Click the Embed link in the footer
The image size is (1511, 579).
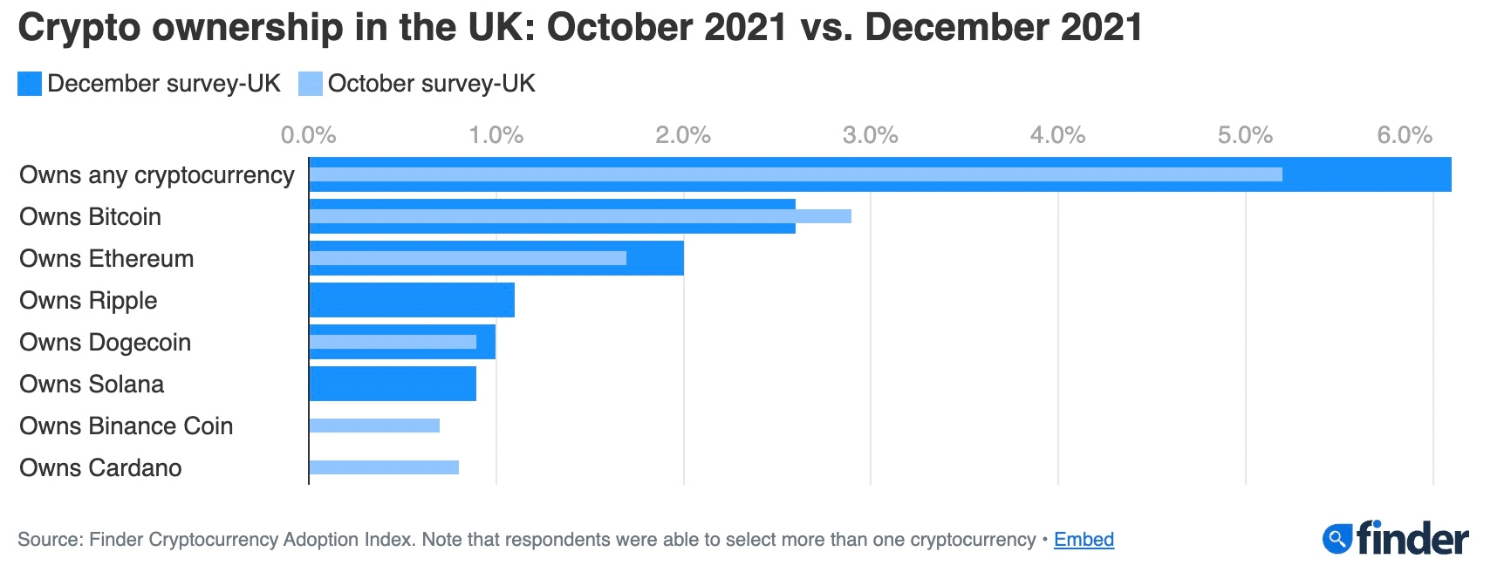click(x=1084, y=540)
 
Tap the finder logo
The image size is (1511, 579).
click(x=1396, y=539)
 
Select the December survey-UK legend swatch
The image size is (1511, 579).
click(x=30, y=84)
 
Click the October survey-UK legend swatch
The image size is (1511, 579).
click(x=311, y=84)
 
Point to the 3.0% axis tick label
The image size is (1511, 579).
click(x=870, y=135)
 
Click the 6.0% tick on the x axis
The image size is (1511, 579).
click(x=1405, y=135)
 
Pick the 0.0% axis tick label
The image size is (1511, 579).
click(x=308, y=135)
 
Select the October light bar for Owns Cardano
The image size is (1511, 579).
click(x=384, y=467)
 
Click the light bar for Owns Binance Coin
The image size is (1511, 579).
click(x=374, y=426)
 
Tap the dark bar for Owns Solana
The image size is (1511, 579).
click(x=393, y=384)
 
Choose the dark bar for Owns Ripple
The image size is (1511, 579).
click(x=412, y=300)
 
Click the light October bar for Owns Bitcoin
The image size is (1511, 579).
click(x=580, y=216)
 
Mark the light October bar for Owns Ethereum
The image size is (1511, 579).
click(x=468, y=258)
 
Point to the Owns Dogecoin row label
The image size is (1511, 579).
click(x=105, y=342)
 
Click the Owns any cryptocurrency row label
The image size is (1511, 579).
click(x=157, y=175)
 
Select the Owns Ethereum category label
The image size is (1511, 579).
click(x=106, y=258)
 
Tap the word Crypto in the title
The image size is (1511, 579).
click(x=79, y=28)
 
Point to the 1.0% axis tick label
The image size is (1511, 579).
click(x=496, y=135)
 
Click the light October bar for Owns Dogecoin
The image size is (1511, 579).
click(x=393, y=342)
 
